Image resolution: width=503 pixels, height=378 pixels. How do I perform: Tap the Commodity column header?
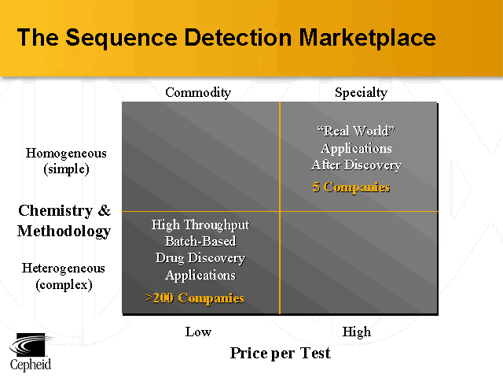[198, 93]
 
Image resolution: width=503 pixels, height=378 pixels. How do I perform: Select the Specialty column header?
[361, 93]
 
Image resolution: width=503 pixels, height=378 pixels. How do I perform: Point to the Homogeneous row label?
[66, 153]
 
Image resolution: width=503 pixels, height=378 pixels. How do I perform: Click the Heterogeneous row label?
[64, 269]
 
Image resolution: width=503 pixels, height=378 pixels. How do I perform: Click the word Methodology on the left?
[64, 231]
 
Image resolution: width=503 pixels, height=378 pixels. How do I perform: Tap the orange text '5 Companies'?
[351, 187]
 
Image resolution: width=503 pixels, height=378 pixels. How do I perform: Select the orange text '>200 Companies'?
[195, 298]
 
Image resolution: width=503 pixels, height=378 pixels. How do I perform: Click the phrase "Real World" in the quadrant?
[355, 131]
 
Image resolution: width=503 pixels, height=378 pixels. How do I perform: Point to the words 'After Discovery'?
[356, 165]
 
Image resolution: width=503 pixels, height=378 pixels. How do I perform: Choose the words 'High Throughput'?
[200, 225]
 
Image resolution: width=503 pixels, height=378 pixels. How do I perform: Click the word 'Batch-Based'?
[200, 242]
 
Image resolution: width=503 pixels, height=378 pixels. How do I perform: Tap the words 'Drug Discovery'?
[200, 258]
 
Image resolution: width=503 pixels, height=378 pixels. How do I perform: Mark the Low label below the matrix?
[198, 332]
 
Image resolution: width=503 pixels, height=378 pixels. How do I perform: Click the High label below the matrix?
[357, 332]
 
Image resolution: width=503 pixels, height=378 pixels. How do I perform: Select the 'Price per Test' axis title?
[280, 353]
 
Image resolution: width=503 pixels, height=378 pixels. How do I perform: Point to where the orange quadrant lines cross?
[280, 211]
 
